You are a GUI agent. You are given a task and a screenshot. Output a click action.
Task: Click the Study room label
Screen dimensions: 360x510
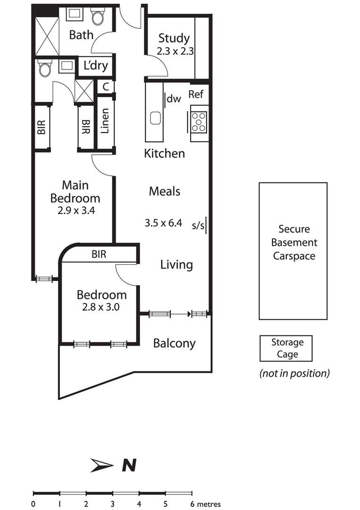tap(174, 38)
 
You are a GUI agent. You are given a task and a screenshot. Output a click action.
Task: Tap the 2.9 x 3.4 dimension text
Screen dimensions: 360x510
tap(76, 211)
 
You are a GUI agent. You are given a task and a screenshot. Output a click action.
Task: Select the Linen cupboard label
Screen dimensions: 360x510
tap(105, 121)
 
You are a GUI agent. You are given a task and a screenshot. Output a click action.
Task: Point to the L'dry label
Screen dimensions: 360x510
tap(95, 65)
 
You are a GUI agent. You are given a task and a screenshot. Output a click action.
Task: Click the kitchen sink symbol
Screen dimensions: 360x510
tap(156, 118)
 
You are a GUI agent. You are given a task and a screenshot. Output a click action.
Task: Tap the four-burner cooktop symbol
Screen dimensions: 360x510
tap(199, 121)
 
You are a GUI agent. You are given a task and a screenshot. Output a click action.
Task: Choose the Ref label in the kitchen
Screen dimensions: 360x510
tap(196, 94)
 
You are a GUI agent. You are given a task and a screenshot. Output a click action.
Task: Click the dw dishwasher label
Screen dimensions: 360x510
tap(174, 99)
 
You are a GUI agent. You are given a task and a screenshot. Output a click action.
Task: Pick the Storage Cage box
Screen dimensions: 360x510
tap(286, 348)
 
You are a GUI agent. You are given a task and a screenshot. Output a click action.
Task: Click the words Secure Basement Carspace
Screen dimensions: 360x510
tap(294, 242)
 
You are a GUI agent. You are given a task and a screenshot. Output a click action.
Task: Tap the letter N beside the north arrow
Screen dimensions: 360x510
tap(129, 466)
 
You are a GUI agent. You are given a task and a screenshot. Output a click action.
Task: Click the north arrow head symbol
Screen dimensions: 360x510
tap(102, 466)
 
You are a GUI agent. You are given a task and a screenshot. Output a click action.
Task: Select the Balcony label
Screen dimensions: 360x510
tap(174, 343)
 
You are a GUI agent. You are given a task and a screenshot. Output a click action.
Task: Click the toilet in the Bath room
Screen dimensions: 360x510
tap(98, 17)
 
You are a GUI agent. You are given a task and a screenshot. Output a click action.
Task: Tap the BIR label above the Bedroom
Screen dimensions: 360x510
tap(99, 254)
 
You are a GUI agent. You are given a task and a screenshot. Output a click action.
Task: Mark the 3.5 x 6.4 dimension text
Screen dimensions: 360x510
tap(163, 223)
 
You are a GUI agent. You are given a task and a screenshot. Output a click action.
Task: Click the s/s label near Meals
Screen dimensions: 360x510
tap(198, 225)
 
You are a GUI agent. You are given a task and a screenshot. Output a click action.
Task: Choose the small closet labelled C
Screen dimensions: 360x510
tap(106, 87)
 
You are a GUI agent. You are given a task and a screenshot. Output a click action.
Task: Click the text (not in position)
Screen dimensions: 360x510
tap(294, 373)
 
